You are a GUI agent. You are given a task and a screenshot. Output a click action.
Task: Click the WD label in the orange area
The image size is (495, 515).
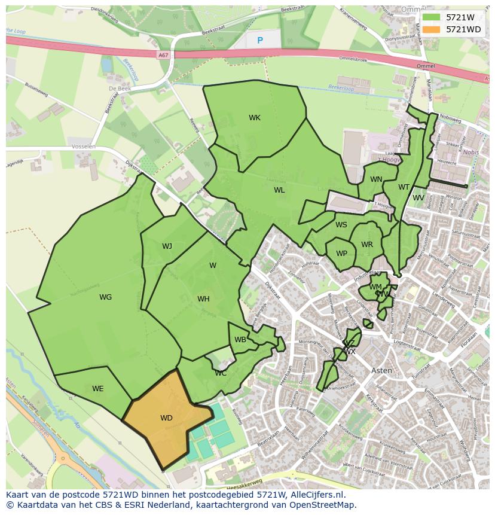click(166, 418)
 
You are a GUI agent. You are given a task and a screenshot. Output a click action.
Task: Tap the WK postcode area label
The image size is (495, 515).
click(255, 118)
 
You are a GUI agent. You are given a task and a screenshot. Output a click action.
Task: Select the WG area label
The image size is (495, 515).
click(105, 297)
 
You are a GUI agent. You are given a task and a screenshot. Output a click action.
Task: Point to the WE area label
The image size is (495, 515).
click(98, 389)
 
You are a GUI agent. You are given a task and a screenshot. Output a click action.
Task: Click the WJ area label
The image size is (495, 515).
click(167, 246)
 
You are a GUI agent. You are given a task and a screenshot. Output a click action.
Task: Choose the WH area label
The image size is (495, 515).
click(203, 299)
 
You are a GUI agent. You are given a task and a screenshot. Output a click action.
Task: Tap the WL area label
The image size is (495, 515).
click(279, 190)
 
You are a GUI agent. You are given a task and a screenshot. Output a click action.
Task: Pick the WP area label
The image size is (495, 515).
click(341, 254)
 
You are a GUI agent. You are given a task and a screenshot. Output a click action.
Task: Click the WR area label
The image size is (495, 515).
click(367, 245)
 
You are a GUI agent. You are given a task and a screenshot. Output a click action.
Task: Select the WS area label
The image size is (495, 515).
click(341, 225)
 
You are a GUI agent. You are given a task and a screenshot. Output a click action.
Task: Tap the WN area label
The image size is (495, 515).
click(376, 179)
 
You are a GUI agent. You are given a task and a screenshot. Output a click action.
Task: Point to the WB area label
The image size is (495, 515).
click(240, 340)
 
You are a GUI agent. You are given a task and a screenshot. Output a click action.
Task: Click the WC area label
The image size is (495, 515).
click(221, 373)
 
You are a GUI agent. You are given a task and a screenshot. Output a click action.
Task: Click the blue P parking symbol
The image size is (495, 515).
click(259, 41)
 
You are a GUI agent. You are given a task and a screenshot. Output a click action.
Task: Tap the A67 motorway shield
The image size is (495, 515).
click(163, 55)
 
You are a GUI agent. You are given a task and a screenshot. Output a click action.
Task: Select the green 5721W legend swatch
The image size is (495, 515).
click(431, 17)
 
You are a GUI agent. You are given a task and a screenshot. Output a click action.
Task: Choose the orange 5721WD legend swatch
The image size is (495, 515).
click(431, 29)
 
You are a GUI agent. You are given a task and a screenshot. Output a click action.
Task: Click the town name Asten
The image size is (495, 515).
click(382, 370)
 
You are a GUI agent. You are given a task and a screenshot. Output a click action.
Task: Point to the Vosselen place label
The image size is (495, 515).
click(83, 147)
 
